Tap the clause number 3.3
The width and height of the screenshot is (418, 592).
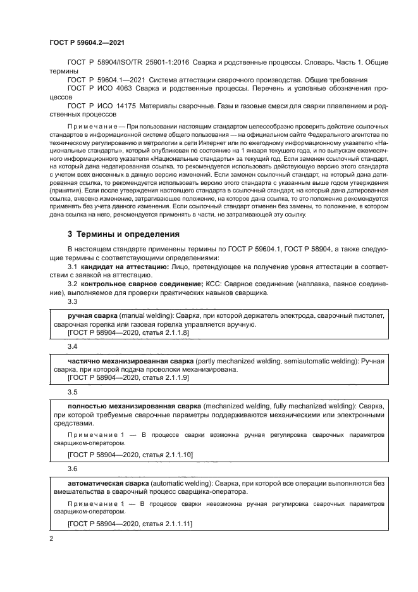coord(72,301)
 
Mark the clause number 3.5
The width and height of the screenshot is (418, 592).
coord(72,391)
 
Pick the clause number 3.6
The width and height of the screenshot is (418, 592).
coord(72,470)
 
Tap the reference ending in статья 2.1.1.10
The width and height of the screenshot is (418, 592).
coord(130,455)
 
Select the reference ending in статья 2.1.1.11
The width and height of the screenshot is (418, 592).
coord(130,524)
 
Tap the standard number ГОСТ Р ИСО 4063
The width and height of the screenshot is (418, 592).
coord(98,90)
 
